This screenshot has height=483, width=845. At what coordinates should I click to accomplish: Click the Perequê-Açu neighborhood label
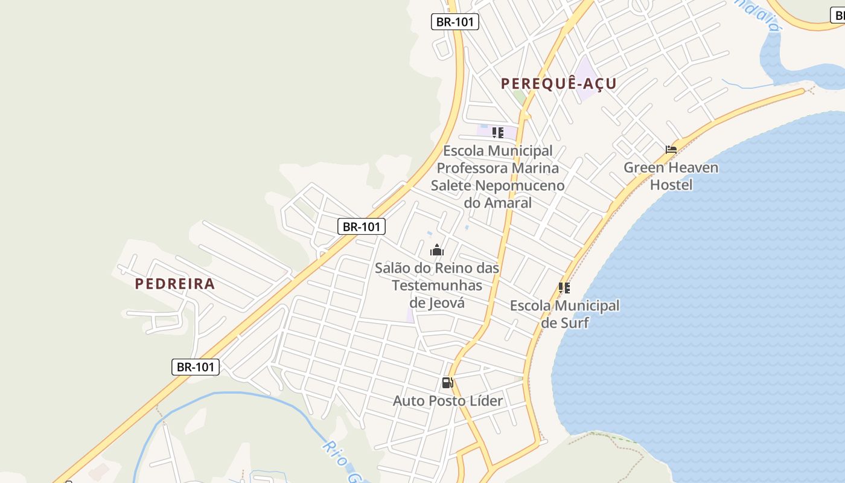click(x=559, y=84)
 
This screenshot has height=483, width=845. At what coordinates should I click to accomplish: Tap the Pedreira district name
click(x=175, y=284)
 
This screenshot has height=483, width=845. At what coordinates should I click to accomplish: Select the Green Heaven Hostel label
click(x=671, y=176)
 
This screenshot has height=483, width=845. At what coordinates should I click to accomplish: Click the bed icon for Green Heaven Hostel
click(x=671, y=149)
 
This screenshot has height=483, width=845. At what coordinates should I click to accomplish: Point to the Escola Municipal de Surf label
click(x=565, y=314)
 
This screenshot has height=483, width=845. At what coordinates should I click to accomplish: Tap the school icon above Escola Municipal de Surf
click(x=564, y=288)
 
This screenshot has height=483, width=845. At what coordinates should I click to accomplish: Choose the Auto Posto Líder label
click(x=448, y=400)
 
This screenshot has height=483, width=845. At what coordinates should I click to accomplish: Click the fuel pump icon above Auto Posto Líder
click(x=447, y=382)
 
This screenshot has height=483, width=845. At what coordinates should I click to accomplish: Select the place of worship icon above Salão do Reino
click(x=437, y=250)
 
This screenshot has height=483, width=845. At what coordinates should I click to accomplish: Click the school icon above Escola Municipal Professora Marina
click(x=498, y=133)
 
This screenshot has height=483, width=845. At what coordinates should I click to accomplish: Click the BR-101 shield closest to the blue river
click(x=195, y=366)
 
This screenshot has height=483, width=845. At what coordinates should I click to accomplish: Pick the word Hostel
click(x=671, y=185)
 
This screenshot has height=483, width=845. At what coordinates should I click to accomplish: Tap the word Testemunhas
click(x=437, y=285)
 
